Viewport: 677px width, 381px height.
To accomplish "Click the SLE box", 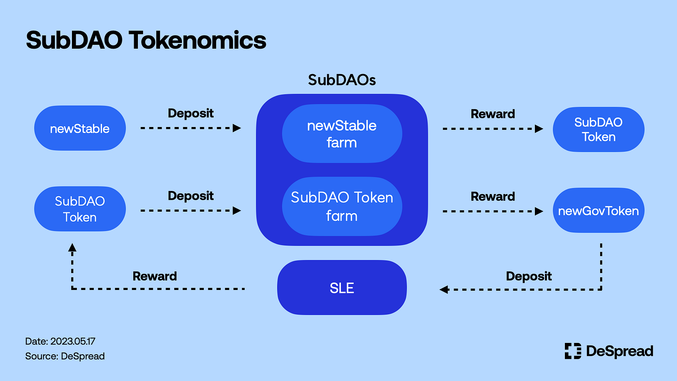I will (342, 287).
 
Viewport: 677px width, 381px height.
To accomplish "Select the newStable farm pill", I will (342, 134).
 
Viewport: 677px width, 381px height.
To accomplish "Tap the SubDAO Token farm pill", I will (342, 207).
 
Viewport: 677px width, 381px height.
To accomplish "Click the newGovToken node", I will (598, 210).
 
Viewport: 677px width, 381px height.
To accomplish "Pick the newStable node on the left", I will (80, 128).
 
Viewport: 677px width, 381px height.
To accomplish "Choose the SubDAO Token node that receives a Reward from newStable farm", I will (598, 130).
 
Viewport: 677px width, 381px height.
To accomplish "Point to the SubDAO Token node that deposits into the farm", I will (80, 209).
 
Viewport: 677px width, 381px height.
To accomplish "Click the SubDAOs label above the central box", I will (342, 80).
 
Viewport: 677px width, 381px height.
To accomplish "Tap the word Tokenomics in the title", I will (198, 41).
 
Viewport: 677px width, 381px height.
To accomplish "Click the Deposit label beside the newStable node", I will (190, 113).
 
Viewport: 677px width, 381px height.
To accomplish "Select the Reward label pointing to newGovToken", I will (493, 196).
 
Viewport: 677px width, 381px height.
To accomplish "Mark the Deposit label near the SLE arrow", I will (528, 276).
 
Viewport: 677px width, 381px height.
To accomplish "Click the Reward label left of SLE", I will (154, 276).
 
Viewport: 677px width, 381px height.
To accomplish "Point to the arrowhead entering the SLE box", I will (444, 290).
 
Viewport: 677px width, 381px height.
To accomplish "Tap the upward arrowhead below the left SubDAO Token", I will (72, 247).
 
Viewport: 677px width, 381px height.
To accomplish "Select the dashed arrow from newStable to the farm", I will (190, 128).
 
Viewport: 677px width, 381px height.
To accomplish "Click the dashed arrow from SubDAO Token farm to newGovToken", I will (493, 211).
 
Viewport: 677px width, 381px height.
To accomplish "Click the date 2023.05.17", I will (73, 341).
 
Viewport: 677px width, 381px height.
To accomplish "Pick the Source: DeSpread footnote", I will (65, 356).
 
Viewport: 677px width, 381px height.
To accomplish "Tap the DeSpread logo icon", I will (573, 351).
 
